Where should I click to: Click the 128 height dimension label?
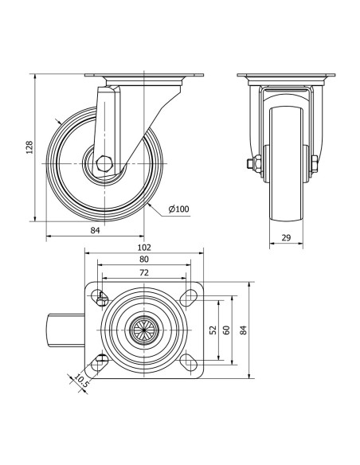point(29,147)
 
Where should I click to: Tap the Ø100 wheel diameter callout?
point(178,209)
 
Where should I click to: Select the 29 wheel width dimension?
point(286,237)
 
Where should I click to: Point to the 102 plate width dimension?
point(144,247)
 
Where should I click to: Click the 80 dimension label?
point(144,260)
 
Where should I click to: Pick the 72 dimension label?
point(144,272)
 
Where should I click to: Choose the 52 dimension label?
point(213,330)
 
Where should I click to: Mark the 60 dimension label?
point(226,330)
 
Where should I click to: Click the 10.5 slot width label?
point(81,381)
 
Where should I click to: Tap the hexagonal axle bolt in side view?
point(104,163)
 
